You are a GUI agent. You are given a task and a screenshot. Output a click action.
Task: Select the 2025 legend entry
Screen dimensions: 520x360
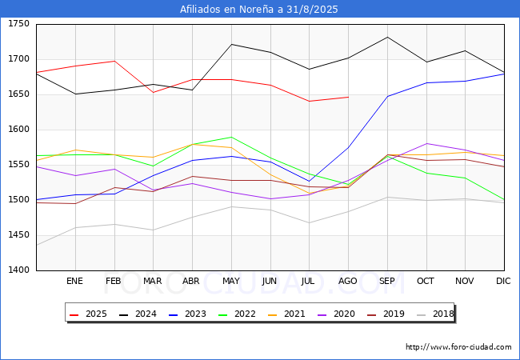[89, 314]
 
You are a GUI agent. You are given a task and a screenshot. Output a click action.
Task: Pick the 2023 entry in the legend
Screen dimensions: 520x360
[188, 314]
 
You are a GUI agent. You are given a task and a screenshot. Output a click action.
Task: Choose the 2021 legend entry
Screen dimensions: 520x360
[287, 314]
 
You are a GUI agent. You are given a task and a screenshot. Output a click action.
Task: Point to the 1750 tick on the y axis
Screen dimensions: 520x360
[18, 24]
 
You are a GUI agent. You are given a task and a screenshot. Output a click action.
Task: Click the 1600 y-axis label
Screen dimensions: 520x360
[18, 130]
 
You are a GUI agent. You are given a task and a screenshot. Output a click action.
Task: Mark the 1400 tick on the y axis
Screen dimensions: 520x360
[18, 270]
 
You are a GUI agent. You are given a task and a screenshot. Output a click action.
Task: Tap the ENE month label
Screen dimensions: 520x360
[74, 281]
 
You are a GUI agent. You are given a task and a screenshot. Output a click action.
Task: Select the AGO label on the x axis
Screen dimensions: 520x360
[347, 281]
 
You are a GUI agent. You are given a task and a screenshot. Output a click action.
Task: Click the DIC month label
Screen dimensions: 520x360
[503, 281]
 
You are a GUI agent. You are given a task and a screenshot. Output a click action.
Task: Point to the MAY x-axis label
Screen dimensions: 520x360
[231, 281]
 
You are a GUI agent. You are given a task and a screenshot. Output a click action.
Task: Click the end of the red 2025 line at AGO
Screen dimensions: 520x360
[348, 97]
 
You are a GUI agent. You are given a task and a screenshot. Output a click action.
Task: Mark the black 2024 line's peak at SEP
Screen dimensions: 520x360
[387, 37]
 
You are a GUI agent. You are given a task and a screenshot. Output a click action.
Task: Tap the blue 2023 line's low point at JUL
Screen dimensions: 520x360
[310, 182]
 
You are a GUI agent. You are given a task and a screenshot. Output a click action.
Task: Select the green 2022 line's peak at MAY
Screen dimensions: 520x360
[231, 137]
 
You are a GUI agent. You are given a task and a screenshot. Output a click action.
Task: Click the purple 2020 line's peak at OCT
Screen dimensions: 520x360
[426, 143]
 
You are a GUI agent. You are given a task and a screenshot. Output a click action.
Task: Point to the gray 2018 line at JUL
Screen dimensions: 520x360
[310, 222]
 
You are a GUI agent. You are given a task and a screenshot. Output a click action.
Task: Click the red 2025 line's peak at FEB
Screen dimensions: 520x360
[114, 61]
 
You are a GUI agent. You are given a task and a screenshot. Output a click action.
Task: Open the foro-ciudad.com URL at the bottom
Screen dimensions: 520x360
[458, 347]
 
